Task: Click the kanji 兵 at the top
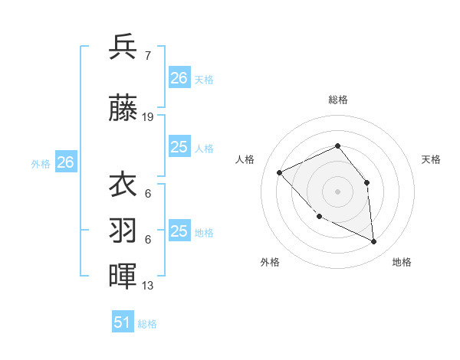tap(123, 47)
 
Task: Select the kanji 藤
tap(123, 110)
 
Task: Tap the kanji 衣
tap(123, 185)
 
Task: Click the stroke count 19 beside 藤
tap(148, 117)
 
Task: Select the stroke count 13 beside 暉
tap(148, 286)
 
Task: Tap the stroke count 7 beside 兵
tap(147, 55)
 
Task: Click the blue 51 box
tap(123, 322)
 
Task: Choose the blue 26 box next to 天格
tap(179, 78)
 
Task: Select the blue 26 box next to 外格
tap(66, 162)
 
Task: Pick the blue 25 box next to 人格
tap(179, 147)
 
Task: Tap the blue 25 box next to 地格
tap(179, 231)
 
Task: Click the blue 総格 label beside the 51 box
tap(147, 324)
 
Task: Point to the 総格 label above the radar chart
tap(337, 100)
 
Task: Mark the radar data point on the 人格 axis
tap(280, 172)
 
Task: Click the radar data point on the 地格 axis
tap(374, 242)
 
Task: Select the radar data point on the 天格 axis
tap(366, 182)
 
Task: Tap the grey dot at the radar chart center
tap(337, 191)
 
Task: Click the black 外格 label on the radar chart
tap(270, 262)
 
